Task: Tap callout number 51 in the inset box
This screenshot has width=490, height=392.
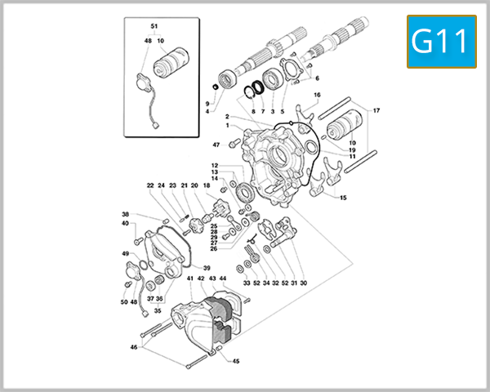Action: (155, 28)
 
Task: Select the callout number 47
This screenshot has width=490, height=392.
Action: (216, 145)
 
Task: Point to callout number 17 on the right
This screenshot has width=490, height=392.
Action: (376, 110)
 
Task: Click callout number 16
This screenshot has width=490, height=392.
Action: (317, 96)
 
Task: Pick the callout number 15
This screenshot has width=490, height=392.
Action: (343, 198)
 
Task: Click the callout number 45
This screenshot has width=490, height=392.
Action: (236, 361)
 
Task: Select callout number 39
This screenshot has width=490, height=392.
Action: (207, 268)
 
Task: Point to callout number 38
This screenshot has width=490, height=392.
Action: (125, 214)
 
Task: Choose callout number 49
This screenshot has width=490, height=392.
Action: (125, 254)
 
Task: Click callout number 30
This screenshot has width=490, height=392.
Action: (303, 283)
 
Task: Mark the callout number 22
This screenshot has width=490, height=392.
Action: (150, 185)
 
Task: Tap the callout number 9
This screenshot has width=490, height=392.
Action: (207, 103)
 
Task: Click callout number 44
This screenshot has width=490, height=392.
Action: (223, 278)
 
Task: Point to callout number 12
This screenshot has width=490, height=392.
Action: (214, 166)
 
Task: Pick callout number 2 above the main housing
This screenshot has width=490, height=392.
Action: (226, 117)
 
